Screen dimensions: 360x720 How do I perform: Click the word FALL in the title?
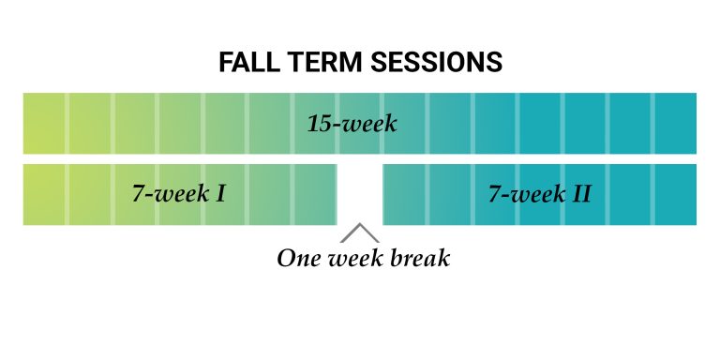click(247, 63)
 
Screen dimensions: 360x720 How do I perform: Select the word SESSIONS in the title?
click(437, 63)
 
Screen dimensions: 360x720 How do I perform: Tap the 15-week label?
click(352, 124)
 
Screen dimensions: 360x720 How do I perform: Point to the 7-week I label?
click(178, 195)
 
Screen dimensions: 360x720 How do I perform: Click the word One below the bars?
click(299, 258)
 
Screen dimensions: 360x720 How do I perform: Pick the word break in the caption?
click(417, 258)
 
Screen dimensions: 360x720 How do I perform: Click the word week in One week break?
click(355, 258)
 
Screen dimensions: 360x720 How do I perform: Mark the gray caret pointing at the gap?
click(359, 232)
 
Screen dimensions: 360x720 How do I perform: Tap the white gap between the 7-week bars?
click(359, 194)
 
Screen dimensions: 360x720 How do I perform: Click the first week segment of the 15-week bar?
click(44, 124)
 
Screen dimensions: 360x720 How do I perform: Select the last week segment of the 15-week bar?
click(675, 124)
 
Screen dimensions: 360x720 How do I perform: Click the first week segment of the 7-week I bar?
click(44, 195)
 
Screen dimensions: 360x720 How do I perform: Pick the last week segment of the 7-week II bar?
click(675, 195)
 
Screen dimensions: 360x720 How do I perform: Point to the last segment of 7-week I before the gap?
click(316, 195)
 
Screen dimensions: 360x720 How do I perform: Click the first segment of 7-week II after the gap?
click(404, 195)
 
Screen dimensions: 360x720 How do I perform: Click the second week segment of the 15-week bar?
click(89, 124)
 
